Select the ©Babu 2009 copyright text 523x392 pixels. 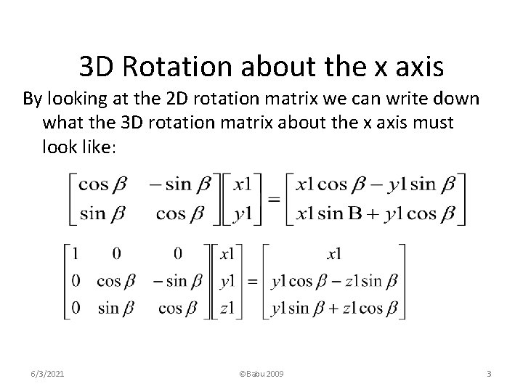261,373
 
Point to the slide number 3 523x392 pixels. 489,373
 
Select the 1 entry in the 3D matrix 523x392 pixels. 76,254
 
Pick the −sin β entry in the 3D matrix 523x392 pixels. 179,281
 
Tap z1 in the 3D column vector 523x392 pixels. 227,307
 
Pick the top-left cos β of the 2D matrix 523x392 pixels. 102,184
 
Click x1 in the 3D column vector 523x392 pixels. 227,254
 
